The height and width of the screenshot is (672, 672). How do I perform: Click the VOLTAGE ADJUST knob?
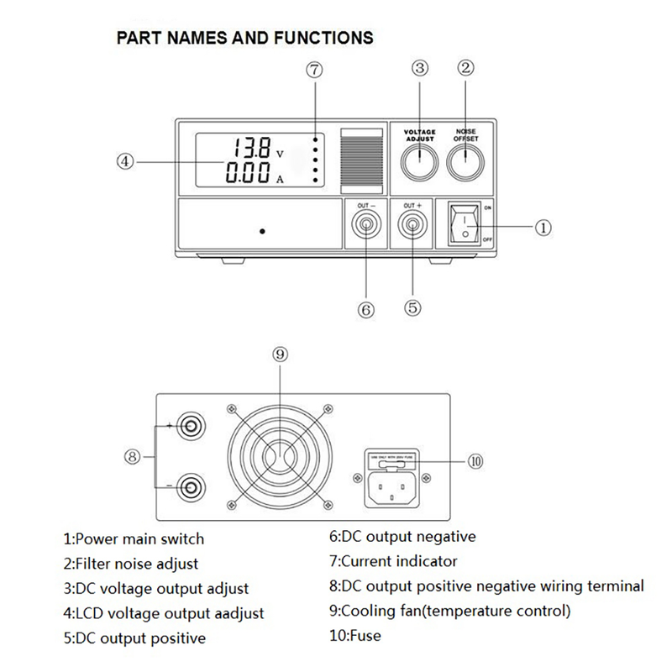(419, 162)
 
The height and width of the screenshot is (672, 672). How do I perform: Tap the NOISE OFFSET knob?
(466, 162)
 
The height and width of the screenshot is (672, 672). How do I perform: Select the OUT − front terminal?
(366, 225)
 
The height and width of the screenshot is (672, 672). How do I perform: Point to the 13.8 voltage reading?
(253, 150)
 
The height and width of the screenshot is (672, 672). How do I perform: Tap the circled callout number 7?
(314, 71)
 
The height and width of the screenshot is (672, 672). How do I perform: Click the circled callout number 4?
(125, 162)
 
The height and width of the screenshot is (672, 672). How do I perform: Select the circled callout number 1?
(543, 227)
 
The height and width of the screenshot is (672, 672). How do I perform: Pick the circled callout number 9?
(281, 354)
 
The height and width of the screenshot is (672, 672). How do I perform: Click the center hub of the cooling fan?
(281, 456)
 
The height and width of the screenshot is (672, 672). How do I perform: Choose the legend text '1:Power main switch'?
(134, 538)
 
